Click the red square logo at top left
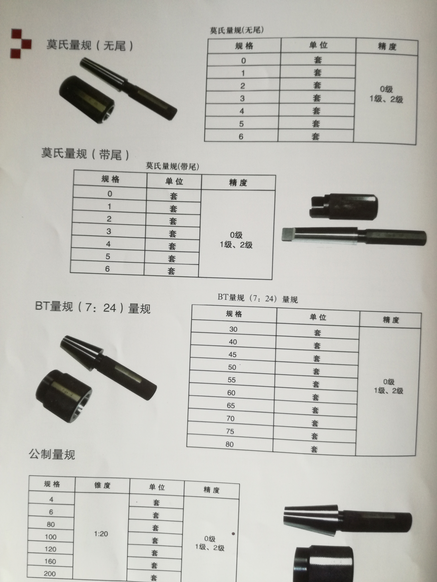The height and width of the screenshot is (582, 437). [21, 43]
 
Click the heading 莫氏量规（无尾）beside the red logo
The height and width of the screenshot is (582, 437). [90, 45]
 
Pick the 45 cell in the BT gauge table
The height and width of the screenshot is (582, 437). [232, 354]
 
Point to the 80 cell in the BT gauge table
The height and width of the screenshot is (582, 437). [229, 444]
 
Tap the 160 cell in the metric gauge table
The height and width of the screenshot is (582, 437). [50, 561]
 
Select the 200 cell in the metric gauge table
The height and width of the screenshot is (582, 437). [50, 574]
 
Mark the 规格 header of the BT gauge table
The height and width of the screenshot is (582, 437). [234, 314]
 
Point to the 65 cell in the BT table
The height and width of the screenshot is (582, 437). [231, 405]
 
